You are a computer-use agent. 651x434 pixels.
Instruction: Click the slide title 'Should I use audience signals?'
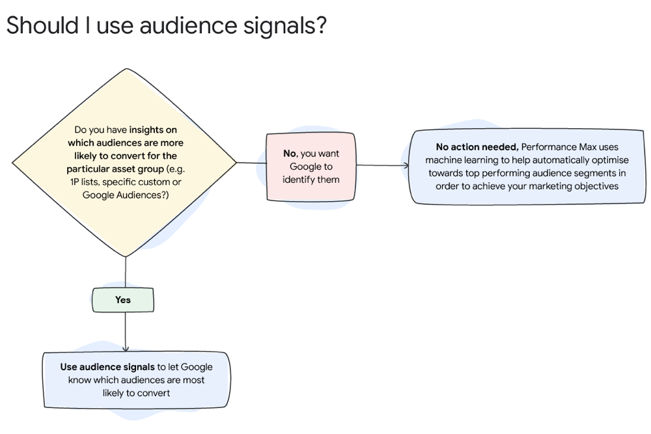[x=166, y=26]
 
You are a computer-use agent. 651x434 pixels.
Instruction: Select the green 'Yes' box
[x=123, y=300]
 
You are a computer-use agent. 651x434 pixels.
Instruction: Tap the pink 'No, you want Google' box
[x=311, y=167]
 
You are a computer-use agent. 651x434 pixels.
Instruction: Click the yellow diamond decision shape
[x=125, y=163]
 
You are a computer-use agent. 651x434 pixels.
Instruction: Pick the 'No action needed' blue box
[x=527, y=167]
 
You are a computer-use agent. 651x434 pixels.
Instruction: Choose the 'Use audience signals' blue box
[x=136, y=380]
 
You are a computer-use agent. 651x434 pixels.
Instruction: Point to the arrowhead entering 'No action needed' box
[x=406, y=166]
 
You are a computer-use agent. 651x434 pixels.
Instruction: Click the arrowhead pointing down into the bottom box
[x=125, y=348]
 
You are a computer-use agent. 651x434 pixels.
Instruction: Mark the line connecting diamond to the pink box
[x=251, y=163]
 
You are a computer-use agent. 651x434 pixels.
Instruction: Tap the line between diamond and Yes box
[x=125, y=272]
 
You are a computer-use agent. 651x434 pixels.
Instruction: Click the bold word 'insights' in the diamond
[x=153, y=129]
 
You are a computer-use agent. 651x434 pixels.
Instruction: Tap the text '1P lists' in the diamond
[x=84, y=182]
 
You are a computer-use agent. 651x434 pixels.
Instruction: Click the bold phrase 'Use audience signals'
[x=107, y=367]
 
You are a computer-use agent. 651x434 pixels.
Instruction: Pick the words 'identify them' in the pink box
[x=311, y=180]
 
